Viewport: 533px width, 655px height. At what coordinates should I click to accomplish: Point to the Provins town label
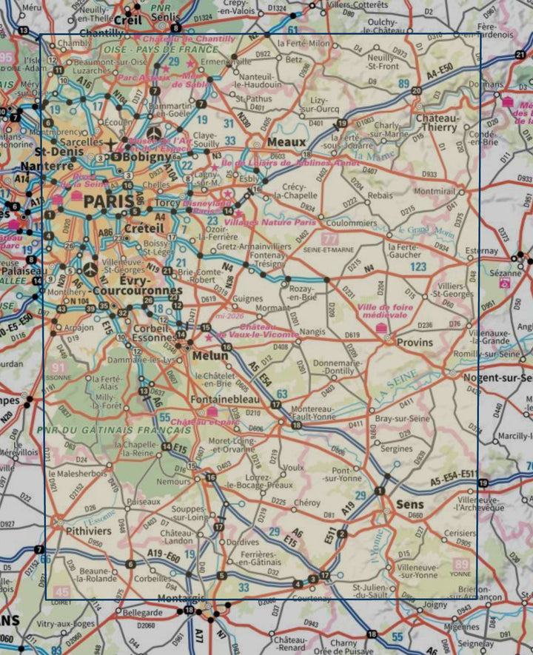[415, 343]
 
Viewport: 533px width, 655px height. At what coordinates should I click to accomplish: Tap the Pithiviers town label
[88, 531]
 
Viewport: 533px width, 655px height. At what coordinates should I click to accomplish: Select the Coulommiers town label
[352, 223]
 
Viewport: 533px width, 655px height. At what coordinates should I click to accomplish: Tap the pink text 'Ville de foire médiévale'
[383, 310]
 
